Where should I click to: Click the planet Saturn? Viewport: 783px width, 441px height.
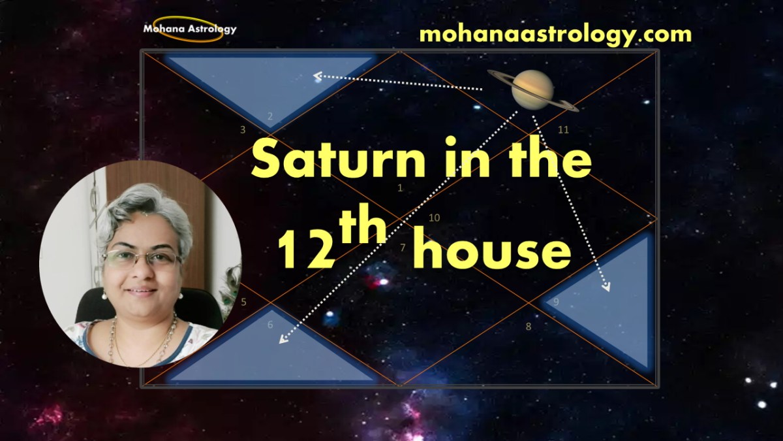pyautogui.click(x=532, y=90)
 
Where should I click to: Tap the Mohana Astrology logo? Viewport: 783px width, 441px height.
pyautogui.click(x=190, y=29)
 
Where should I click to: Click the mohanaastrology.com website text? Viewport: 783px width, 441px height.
pyautogui.click(x=555, y=33)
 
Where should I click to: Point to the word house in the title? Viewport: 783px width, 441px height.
pyautogui.click(x=492, y=251)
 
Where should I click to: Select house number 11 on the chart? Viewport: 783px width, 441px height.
pyautogui.click(x=563, y=130)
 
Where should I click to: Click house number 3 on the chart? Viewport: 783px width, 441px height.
pyautogui.click(x=243, y=130)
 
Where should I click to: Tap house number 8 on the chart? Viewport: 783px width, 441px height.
pyautogui.click(x=529, y=326)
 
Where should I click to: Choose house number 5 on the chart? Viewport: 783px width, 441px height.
pyautogui.click(x=243, y=302)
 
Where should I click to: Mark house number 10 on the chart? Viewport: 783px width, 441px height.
pyautogui.click(x=435, y=218)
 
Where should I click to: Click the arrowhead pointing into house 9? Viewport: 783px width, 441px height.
pyautogui.click(x=607, y=287)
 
